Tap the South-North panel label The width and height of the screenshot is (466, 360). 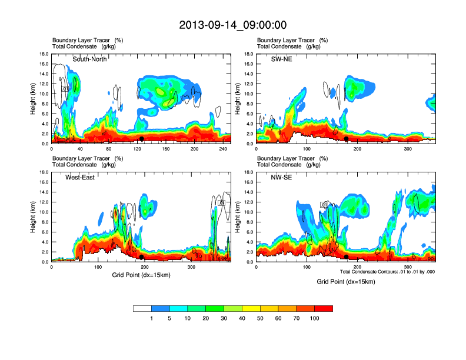coord(89,59)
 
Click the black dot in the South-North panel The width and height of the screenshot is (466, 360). coord(142,139)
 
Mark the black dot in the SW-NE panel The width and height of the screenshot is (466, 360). coord(347,139)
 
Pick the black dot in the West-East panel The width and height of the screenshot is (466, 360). coord(142,257)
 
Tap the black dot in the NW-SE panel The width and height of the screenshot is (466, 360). coord(347,257)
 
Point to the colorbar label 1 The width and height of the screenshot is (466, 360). coord(151,318)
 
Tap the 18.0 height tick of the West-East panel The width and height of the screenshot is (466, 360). coord(44,172)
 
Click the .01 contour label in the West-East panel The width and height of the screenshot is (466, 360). coord(222,203)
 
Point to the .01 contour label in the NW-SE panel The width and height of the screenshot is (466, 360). coord(324,204)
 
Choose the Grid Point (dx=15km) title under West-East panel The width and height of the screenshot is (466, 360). coord(141,275)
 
